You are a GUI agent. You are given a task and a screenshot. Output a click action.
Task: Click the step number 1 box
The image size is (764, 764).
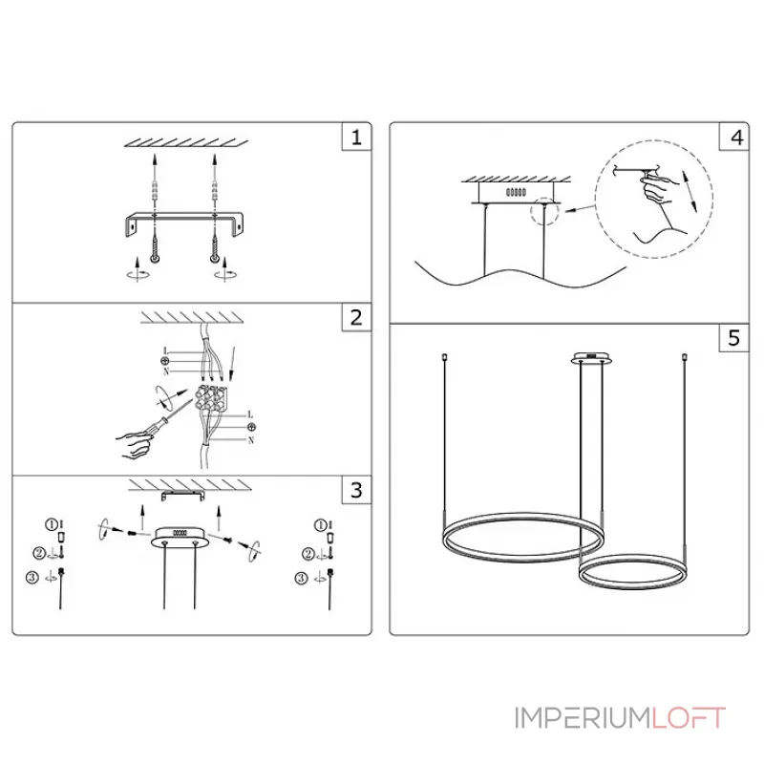(x=356, y=138)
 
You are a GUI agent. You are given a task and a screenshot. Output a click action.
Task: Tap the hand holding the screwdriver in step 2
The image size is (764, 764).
(x=134, y=440)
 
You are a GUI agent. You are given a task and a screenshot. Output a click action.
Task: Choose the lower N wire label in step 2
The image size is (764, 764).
(x=250, y=440)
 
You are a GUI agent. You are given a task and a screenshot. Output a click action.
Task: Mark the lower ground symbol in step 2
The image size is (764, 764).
(x=250, y=428)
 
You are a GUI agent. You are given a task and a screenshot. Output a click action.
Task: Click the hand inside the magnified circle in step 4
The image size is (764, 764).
(x=657, y=191)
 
